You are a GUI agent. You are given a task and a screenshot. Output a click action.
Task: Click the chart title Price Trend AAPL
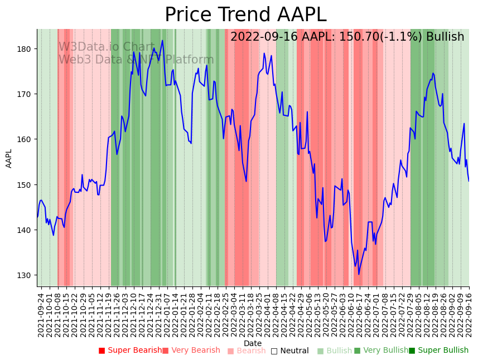coord(245,15)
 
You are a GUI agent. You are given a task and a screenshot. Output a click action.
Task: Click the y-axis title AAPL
coord(9,158)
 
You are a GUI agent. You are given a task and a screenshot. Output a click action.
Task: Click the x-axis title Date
coord(253,343)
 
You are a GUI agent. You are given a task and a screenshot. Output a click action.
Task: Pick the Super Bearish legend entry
coord(130,351)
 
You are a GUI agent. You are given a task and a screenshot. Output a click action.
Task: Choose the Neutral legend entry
coord(289,351)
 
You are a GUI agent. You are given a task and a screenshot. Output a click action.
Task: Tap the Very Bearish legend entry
coord(191,351)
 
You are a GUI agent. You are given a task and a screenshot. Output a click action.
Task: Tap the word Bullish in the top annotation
coord(445,37)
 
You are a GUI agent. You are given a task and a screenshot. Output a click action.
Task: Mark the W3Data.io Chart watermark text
coord(106,47)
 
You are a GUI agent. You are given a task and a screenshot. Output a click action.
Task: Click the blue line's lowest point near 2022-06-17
coord(359,274)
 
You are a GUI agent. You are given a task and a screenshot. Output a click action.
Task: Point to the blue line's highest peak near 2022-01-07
coord(162,40)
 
